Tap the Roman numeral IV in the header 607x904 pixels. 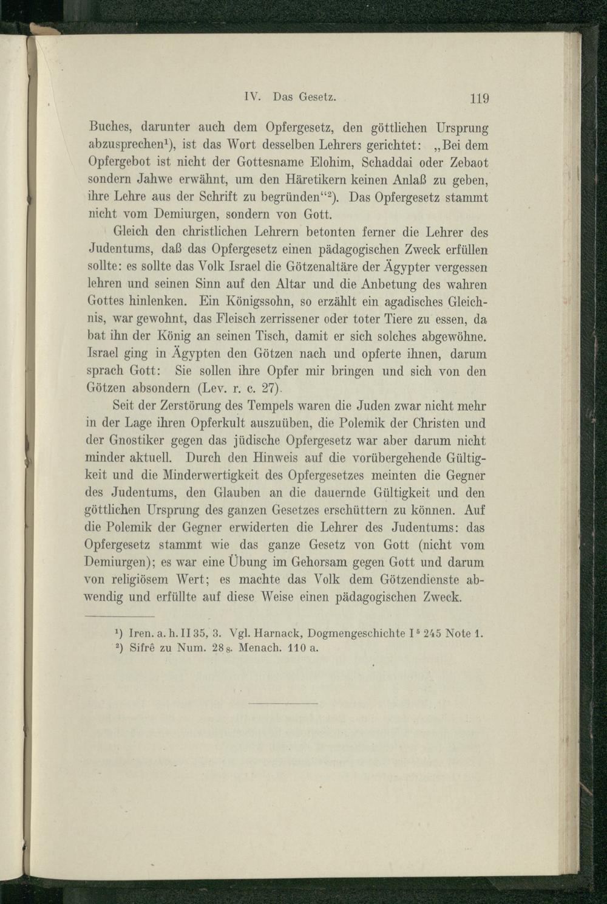[251, 96]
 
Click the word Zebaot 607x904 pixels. [468, 163]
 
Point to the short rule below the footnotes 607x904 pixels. [283, 704]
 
